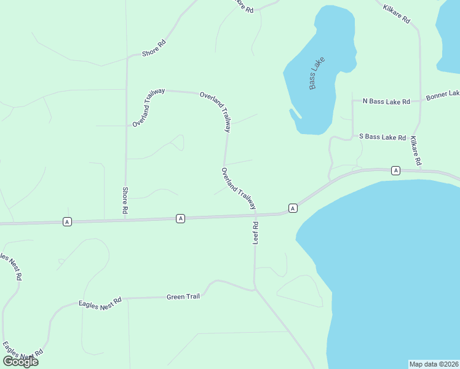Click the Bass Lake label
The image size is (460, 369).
pyautogui.click(x=317, y=73)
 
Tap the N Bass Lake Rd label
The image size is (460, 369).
pyautogui.click(x=386, y=101)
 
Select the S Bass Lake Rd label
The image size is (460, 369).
pyautogui.click(x=383, y=138)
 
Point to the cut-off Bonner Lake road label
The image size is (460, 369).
pyautogui.click(x=443, y=95)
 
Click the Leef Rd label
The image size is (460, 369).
pyautogui.click(x=256, y=234)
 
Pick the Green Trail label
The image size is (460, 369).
pyautogui.click(x=183, y=297)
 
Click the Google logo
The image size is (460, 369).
pyautogui.click(x=20, y=362)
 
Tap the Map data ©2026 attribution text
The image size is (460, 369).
pyautogui.click(x=434, y=364)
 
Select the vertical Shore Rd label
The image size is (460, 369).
pyautogui.click(x=125, y=200)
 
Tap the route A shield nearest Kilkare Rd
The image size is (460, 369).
pyautogui.click(x=395, y=170)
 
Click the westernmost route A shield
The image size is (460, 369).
pyautogui.click(x=67, y=221)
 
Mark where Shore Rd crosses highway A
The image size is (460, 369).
pyautogui.click(x=125, y=220)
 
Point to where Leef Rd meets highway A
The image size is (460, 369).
pyautogui.click(x=255, y=215)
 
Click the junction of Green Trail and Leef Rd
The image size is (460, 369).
pyautogui.click(x=254, y=290)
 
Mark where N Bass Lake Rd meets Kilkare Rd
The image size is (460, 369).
pyautogui.click(x=420, y=100)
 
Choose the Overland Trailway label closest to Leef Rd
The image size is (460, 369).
pyautogui.click(x=239, y=188)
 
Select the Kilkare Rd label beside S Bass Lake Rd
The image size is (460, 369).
pyautogui.click(x=415, y=151)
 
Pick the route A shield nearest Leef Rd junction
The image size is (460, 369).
pyautogui.click(x=293, y=208)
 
